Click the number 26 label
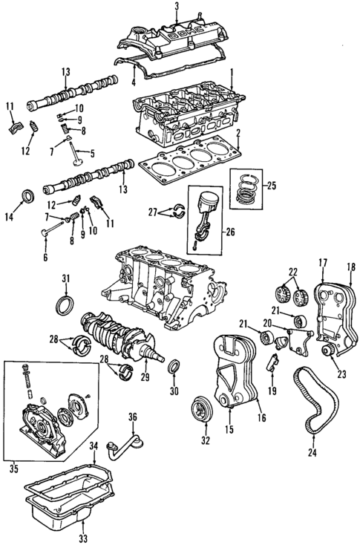click(229, 232)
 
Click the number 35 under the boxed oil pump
click(12, 468)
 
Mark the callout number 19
click(272, 390)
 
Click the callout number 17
click(323, 262)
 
